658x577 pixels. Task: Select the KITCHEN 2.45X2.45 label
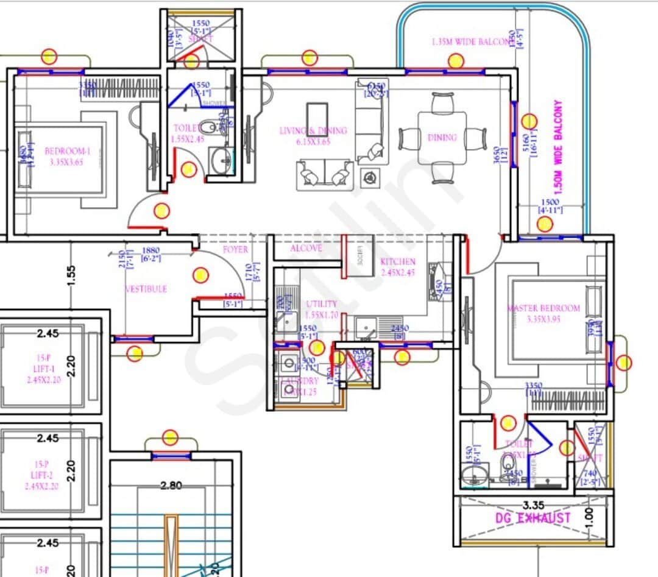(x=397, y=267)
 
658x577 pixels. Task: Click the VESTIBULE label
(x=146, y=289)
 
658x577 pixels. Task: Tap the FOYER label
(x=235, y=250)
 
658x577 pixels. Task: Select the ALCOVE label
(x=306, y=249)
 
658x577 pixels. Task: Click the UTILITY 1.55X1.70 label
(x=322, y=309)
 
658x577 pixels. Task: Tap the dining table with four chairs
(x=442, y=138)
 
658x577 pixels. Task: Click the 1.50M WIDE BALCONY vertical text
(x=557, y=147)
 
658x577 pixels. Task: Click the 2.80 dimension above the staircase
(x=171, y=486)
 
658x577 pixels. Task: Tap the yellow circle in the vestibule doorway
(x=200, y=276)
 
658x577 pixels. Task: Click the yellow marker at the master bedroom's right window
(x=624, y=364)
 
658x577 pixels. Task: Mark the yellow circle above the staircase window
(x=170, y=437)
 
